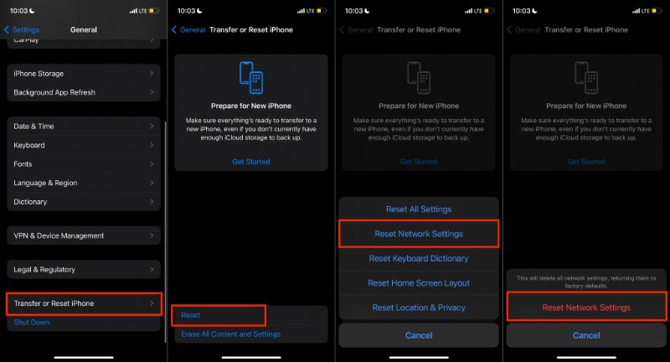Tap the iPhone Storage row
[x=84, y=74]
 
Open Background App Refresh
[x=84, y=92]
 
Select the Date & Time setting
[x=84, y=126]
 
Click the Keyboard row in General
[x=84, y=145]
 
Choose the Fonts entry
[x=84, y=164]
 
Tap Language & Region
[x=84, y=183]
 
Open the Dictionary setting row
[x=84, y=202]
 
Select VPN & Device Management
[x=84, y=235]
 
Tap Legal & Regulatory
[x=84, y=270]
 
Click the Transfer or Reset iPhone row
[x=84, y=303]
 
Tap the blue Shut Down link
[x=32, y=323]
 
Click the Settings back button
[x=22, y=29]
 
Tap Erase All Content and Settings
[x=230, y=334]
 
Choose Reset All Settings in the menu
[x=418, y=209]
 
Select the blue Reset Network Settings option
[x=418, y=234]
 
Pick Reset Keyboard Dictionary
[x=418, y=259]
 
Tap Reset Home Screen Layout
[x=418, y=283]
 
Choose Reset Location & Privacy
[x=418, y=308]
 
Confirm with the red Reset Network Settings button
[x=585, y=308]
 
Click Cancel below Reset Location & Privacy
[x=418, y=335]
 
